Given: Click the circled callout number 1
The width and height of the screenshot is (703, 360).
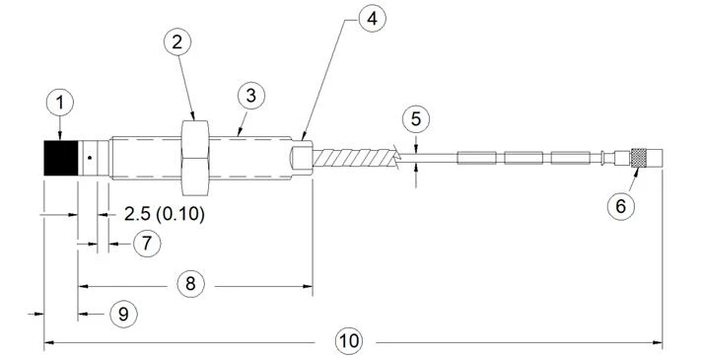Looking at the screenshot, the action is (59, 103).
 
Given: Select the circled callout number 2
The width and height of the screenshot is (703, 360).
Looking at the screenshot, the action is (177, 42).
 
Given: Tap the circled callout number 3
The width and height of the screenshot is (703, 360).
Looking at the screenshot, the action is (251, 96).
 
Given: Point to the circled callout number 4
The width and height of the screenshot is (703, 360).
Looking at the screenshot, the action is (372, 18).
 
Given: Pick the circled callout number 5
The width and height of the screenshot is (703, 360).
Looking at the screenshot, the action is (416, 119).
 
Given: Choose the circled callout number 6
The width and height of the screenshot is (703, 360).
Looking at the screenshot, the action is (621, 206).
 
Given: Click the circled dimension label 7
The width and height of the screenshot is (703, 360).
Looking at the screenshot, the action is (147, 244).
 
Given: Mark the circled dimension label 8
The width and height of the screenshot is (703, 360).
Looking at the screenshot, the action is (191, 284).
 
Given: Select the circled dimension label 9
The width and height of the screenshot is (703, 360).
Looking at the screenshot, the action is (124, 314).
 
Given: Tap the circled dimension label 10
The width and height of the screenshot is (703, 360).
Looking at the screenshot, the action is (349, 341).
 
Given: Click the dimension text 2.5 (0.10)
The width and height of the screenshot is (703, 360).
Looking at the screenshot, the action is (164, 214).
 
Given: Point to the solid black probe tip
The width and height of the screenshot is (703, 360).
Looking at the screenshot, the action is (61, 158).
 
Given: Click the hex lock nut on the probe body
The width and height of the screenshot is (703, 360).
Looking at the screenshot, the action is (195, 158).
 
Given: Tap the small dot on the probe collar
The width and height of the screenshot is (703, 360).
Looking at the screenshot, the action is (90, 158).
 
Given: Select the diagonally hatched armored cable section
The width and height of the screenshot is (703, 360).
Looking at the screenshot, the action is (356, 158).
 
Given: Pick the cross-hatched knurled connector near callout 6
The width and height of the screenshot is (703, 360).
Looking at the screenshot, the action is (639, 158).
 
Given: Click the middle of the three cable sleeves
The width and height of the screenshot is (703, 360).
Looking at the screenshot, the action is (524, 158).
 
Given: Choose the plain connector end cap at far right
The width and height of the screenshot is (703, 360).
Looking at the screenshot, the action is (654, 158).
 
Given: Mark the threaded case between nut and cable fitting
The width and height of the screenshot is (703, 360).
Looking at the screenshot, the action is (250, 158).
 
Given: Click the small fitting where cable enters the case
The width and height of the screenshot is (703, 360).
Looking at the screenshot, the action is (302, 158).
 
